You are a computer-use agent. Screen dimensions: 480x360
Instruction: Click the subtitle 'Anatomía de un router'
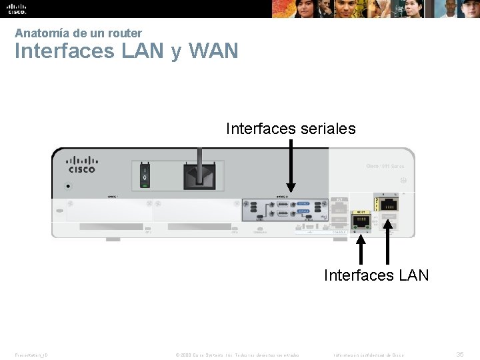click(x=78, y=33)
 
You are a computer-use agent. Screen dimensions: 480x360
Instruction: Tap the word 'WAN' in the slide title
click(x=213, y=51)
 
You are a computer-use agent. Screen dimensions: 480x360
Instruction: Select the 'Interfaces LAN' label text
click(x=376, y=275)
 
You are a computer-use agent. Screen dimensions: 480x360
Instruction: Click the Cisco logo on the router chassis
click(x=82, y=165)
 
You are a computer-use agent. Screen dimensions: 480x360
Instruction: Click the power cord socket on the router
click(x=198, y=175)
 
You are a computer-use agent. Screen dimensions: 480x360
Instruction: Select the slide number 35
click(x=459, y=355)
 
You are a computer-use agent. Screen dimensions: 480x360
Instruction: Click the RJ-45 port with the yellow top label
click(x=361, y=221)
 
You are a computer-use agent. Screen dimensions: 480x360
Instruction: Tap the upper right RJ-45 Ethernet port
click(x=388, y=205)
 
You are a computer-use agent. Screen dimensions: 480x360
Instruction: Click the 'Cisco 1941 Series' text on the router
click(x=385, y=166)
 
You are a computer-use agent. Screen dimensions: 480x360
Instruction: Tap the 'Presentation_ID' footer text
click(x=31, y=355)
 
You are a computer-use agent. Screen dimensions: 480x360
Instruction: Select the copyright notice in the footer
click(x=237, y=355)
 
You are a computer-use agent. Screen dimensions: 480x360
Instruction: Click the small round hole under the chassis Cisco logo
click(x=67, y=187)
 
